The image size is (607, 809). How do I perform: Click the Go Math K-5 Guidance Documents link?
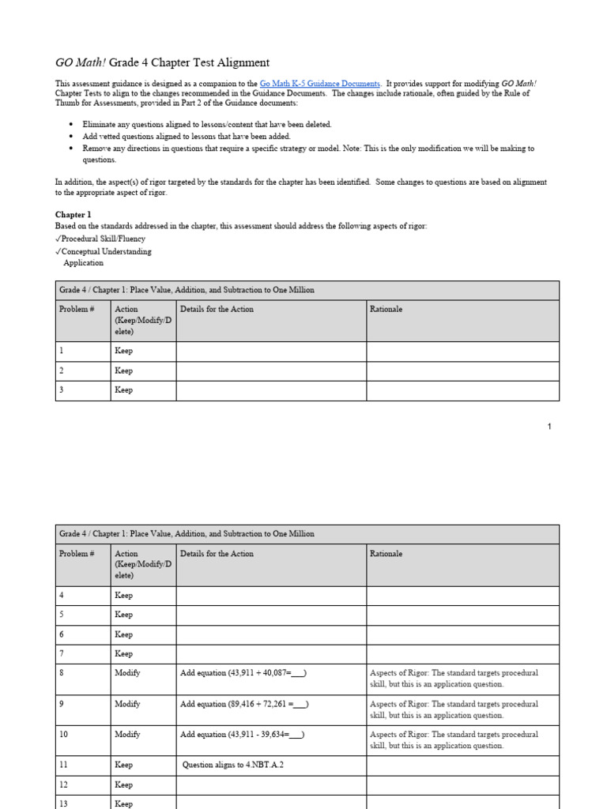pyautogui.click(x=320, y=83)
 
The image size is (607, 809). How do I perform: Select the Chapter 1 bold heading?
pyautogui.click(x=73, y=214)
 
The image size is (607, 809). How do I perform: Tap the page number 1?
pyautogui.click(x=549, y=427)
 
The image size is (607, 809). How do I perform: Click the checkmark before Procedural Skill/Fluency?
pyautogui.click(x=58, y=239)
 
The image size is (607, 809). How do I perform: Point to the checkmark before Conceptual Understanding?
pyautogui.click(x=58, y=251)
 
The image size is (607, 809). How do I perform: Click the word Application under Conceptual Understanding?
pyautogui.click(x=83, y=263)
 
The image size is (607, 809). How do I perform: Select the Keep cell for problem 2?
pyautogui.click(x=124, y=371)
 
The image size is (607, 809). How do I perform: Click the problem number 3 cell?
pyautogui.click(x=62, y=390)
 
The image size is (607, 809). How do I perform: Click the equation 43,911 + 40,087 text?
pyautogui.click(x=243, y=673)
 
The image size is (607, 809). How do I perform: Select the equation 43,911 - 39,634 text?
pyautogui.click(x=243, y=735)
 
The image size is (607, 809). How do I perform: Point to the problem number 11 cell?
pyautogui.click(x=64, y=765)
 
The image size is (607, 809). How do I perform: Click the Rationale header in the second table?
pyautogui.click(x=386, y=554)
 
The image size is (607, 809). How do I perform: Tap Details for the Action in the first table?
pyautogui.click(x=217, y=309)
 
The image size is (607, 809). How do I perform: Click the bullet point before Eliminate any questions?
pyautogui.click(x=71, y=125)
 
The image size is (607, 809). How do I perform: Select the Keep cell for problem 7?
pyautogui.click(x=124, y=653)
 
